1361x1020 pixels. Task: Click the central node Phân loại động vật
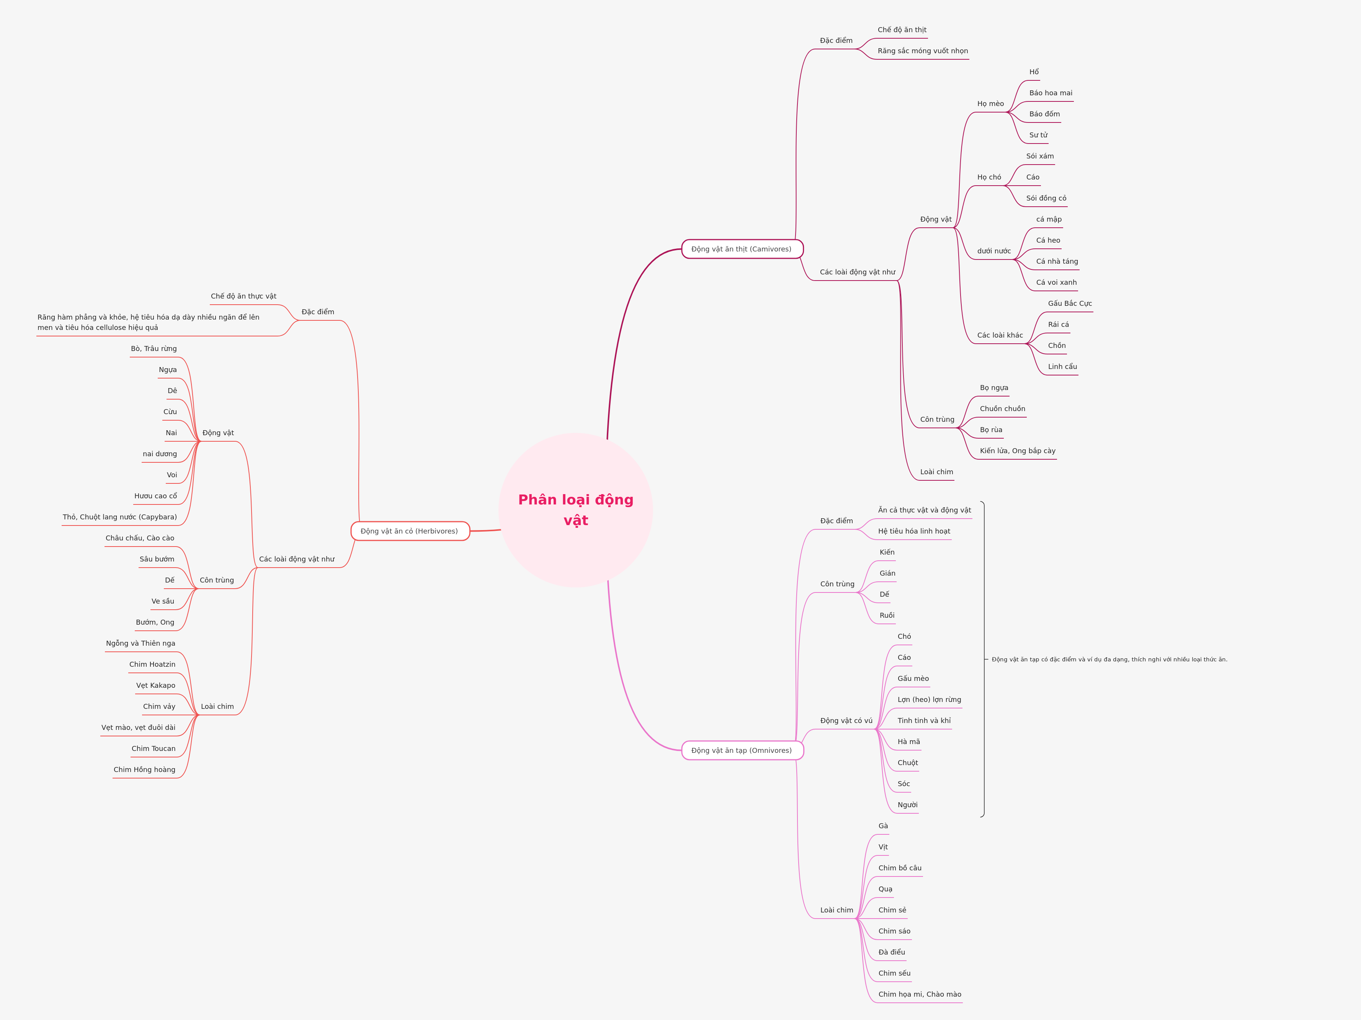tap(575, 509)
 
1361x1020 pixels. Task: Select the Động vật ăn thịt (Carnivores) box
tap(742, 249)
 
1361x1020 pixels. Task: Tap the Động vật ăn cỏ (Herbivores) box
tap(410, 531)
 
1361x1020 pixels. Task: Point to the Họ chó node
tap(989, 177)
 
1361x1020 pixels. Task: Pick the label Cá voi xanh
tap(1056, 282)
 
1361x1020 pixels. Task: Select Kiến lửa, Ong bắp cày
tap(1017, 451)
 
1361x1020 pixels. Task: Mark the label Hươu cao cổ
tap(156, 496)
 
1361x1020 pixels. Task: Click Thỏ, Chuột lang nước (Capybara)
tap(120, 517)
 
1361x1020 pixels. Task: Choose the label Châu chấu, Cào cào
tap(140, 538)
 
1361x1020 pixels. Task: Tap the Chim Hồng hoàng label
tap(145, 770)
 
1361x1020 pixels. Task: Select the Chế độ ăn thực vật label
tap(243, 296)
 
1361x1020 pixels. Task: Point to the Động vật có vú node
tap(846, 720)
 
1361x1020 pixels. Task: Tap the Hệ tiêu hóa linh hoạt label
tap(914, 531)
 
